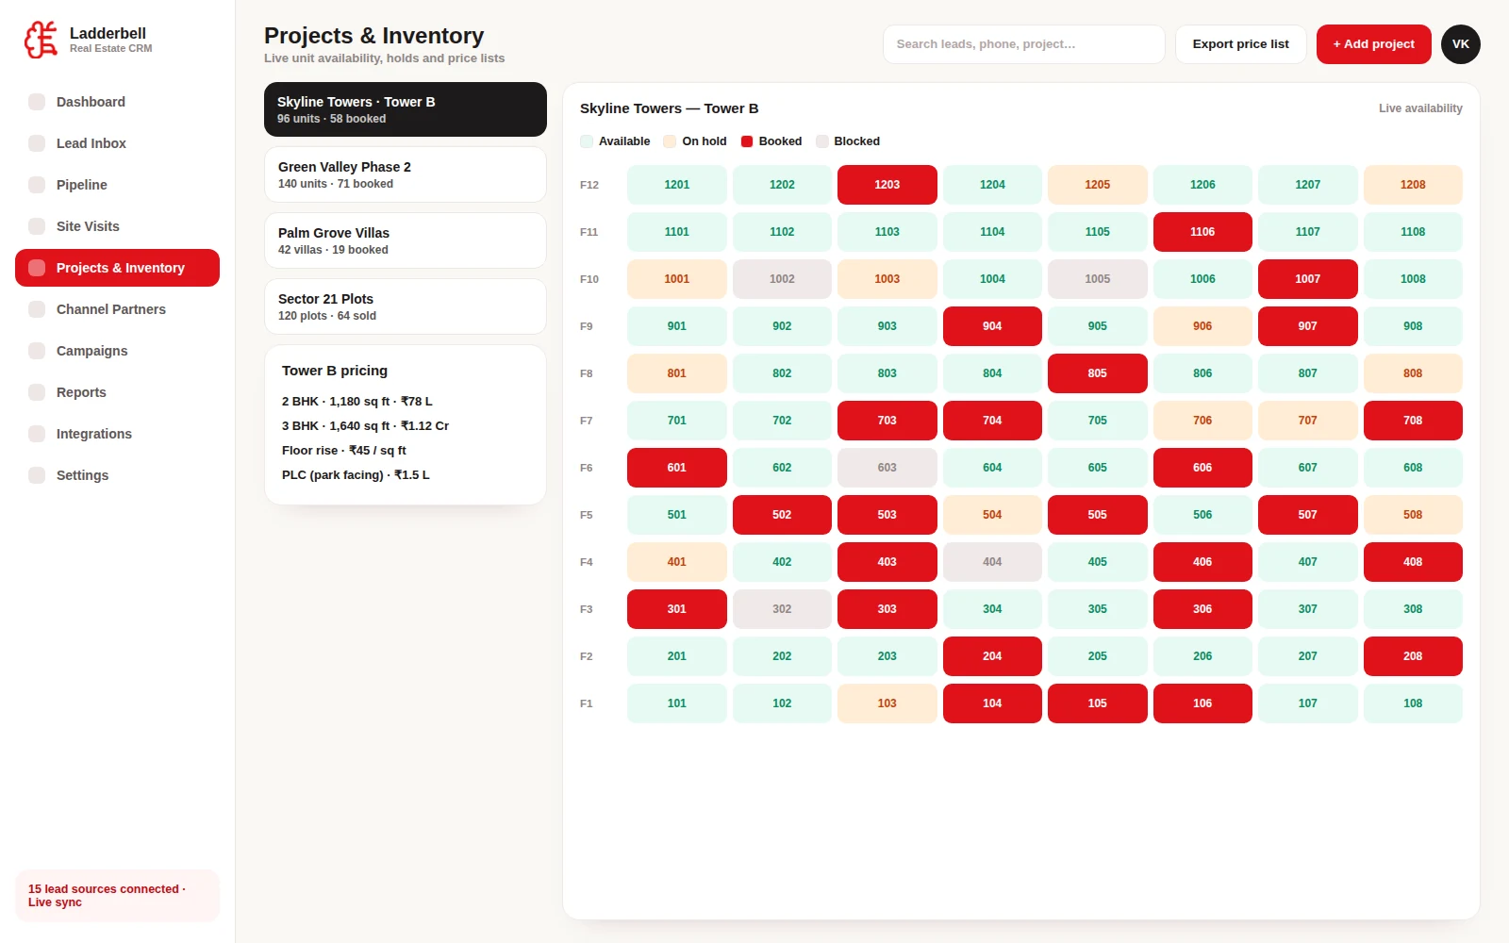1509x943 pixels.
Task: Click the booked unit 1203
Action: click(887, 185)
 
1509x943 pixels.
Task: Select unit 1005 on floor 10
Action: click(1097, 279)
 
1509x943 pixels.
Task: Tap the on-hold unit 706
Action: click(1202, 421)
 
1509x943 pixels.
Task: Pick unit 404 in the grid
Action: click(991, 562)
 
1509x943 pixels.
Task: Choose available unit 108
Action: click(1413, 703)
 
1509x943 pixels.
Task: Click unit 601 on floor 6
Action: click(676, 468)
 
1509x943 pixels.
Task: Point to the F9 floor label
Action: click(586, 326)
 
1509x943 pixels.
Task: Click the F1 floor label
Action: click(586, 703)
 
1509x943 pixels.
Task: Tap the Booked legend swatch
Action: click(746, 141)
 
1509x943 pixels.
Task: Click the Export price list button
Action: click(1240, 44)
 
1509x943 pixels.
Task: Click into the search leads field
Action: click(1023, 44)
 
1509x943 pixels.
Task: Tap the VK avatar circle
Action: click(1460, 44)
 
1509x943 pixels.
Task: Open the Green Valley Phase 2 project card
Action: click(405, 174)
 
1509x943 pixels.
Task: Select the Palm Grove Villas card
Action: click(405, 240)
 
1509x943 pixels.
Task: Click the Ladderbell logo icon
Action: click(41, 40)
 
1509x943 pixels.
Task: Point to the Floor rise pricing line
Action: click(343, 451)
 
